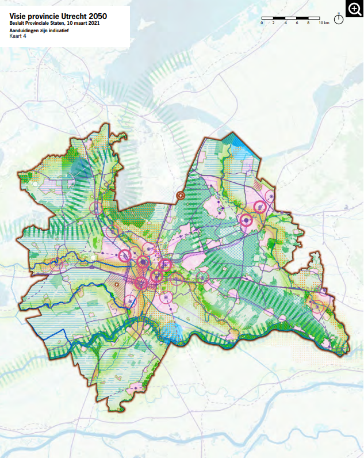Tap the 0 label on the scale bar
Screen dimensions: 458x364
(262, 23)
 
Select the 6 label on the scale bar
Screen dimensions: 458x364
(297, 23)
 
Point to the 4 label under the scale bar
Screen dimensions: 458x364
(285, 23)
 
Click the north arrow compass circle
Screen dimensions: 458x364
(339, 19)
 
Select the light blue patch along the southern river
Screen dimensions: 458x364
(173, 332)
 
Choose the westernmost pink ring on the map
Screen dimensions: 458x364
(56, 265)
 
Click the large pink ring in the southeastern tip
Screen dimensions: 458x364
(317, 306)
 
